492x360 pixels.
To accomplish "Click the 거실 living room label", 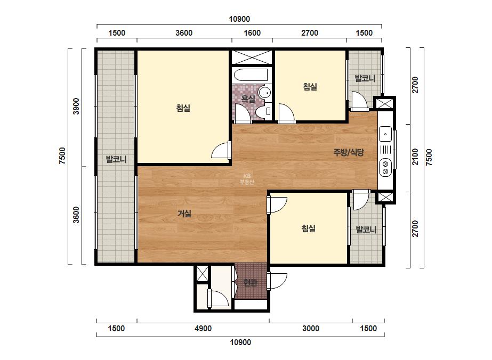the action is click(x=184, y=214).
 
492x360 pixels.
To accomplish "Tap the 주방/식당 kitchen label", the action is click(x=349, y=152).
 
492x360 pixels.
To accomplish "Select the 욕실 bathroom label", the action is click(x=248, y=99).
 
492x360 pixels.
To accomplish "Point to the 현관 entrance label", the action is click(x=251, y=282).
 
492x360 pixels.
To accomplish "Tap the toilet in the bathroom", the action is click(x=263, y=111).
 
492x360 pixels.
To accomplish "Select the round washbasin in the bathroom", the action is click(x=265, y=93).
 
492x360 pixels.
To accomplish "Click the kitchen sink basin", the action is click(x=385, y=134).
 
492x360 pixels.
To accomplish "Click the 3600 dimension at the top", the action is click(x=184, y=33).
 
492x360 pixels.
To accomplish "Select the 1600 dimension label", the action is click(x=252, y=33).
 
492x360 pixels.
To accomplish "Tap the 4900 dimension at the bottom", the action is click(x=203, y=329).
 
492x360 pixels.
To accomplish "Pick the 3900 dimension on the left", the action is click(x=76, y=107).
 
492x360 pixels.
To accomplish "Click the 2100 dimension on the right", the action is click(x=415, y=157).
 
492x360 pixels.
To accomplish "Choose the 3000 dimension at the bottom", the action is click(x=311, y=329).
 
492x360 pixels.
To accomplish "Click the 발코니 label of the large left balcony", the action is click(x=116, y=159).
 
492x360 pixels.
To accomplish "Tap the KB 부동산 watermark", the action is click(x=247, y=179).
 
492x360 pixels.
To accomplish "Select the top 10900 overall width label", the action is click(x=239, y=19).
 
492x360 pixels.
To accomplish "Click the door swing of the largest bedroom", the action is click(x=221, y=151).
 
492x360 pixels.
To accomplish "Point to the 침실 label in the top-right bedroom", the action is click(x=310, y=87).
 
